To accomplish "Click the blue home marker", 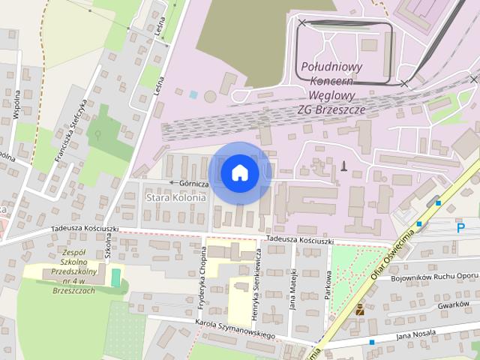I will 239,172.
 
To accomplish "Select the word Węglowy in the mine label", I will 331,96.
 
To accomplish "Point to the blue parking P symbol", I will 460,226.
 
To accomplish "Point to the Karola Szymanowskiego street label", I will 234,330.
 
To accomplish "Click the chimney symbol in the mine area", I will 343,165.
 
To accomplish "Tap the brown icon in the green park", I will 360,308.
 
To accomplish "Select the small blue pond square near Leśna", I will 193,95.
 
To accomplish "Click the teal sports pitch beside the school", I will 115,277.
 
